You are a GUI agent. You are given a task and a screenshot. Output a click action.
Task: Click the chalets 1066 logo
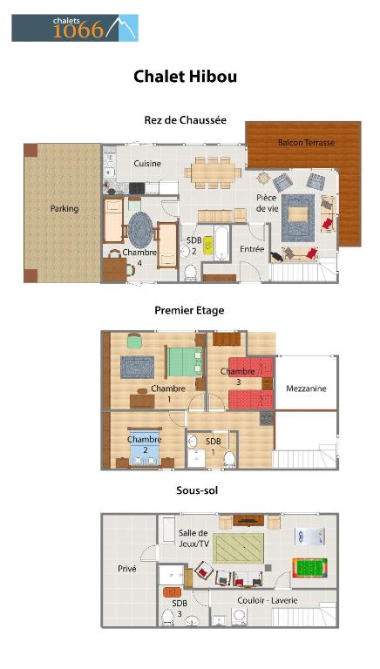[75, 28]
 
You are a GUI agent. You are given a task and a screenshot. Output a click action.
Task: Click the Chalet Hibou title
[185, 77]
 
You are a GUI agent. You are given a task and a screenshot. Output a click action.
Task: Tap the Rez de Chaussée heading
[186, 120]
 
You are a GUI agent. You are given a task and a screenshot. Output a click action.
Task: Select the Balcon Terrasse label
[306, 143]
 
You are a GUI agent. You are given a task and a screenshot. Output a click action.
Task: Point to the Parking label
[64, 209]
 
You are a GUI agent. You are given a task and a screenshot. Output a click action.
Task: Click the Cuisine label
[147, 164]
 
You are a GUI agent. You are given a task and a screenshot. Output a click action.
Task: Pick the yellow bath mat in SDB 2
[208, 246]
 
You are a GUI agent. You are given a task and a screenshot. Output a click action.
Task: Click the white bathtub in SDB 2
[221, 243]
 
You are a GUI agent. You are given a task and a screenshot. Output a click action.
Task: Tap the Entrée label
[252, 249]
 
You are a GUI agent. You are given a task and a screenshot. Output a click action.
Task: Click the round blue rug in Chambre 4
[140, 230]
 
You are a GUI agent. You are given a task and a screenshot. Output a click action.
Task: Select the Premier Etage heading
[189, 310]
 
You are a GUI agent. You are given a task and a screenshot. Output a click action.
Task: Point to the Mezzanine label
[306, 389]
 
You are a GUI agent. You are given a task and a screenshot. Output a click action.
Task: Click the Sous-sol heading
[197, 490]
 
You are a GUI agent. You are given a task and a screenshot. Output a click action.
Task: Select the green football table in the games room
[309, 568]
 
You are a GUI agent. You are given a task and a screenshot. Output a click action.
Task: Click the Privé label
[126, 569]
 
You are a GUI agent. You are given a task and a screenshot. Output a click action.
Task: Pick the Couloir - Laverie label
[268, 600]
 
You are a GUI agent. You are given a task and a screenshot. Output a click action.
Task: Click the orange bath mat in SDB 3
[173, 592]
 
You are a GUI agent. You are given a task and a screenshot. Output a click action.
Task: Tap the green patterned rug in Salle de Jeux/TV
[238, 548]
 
